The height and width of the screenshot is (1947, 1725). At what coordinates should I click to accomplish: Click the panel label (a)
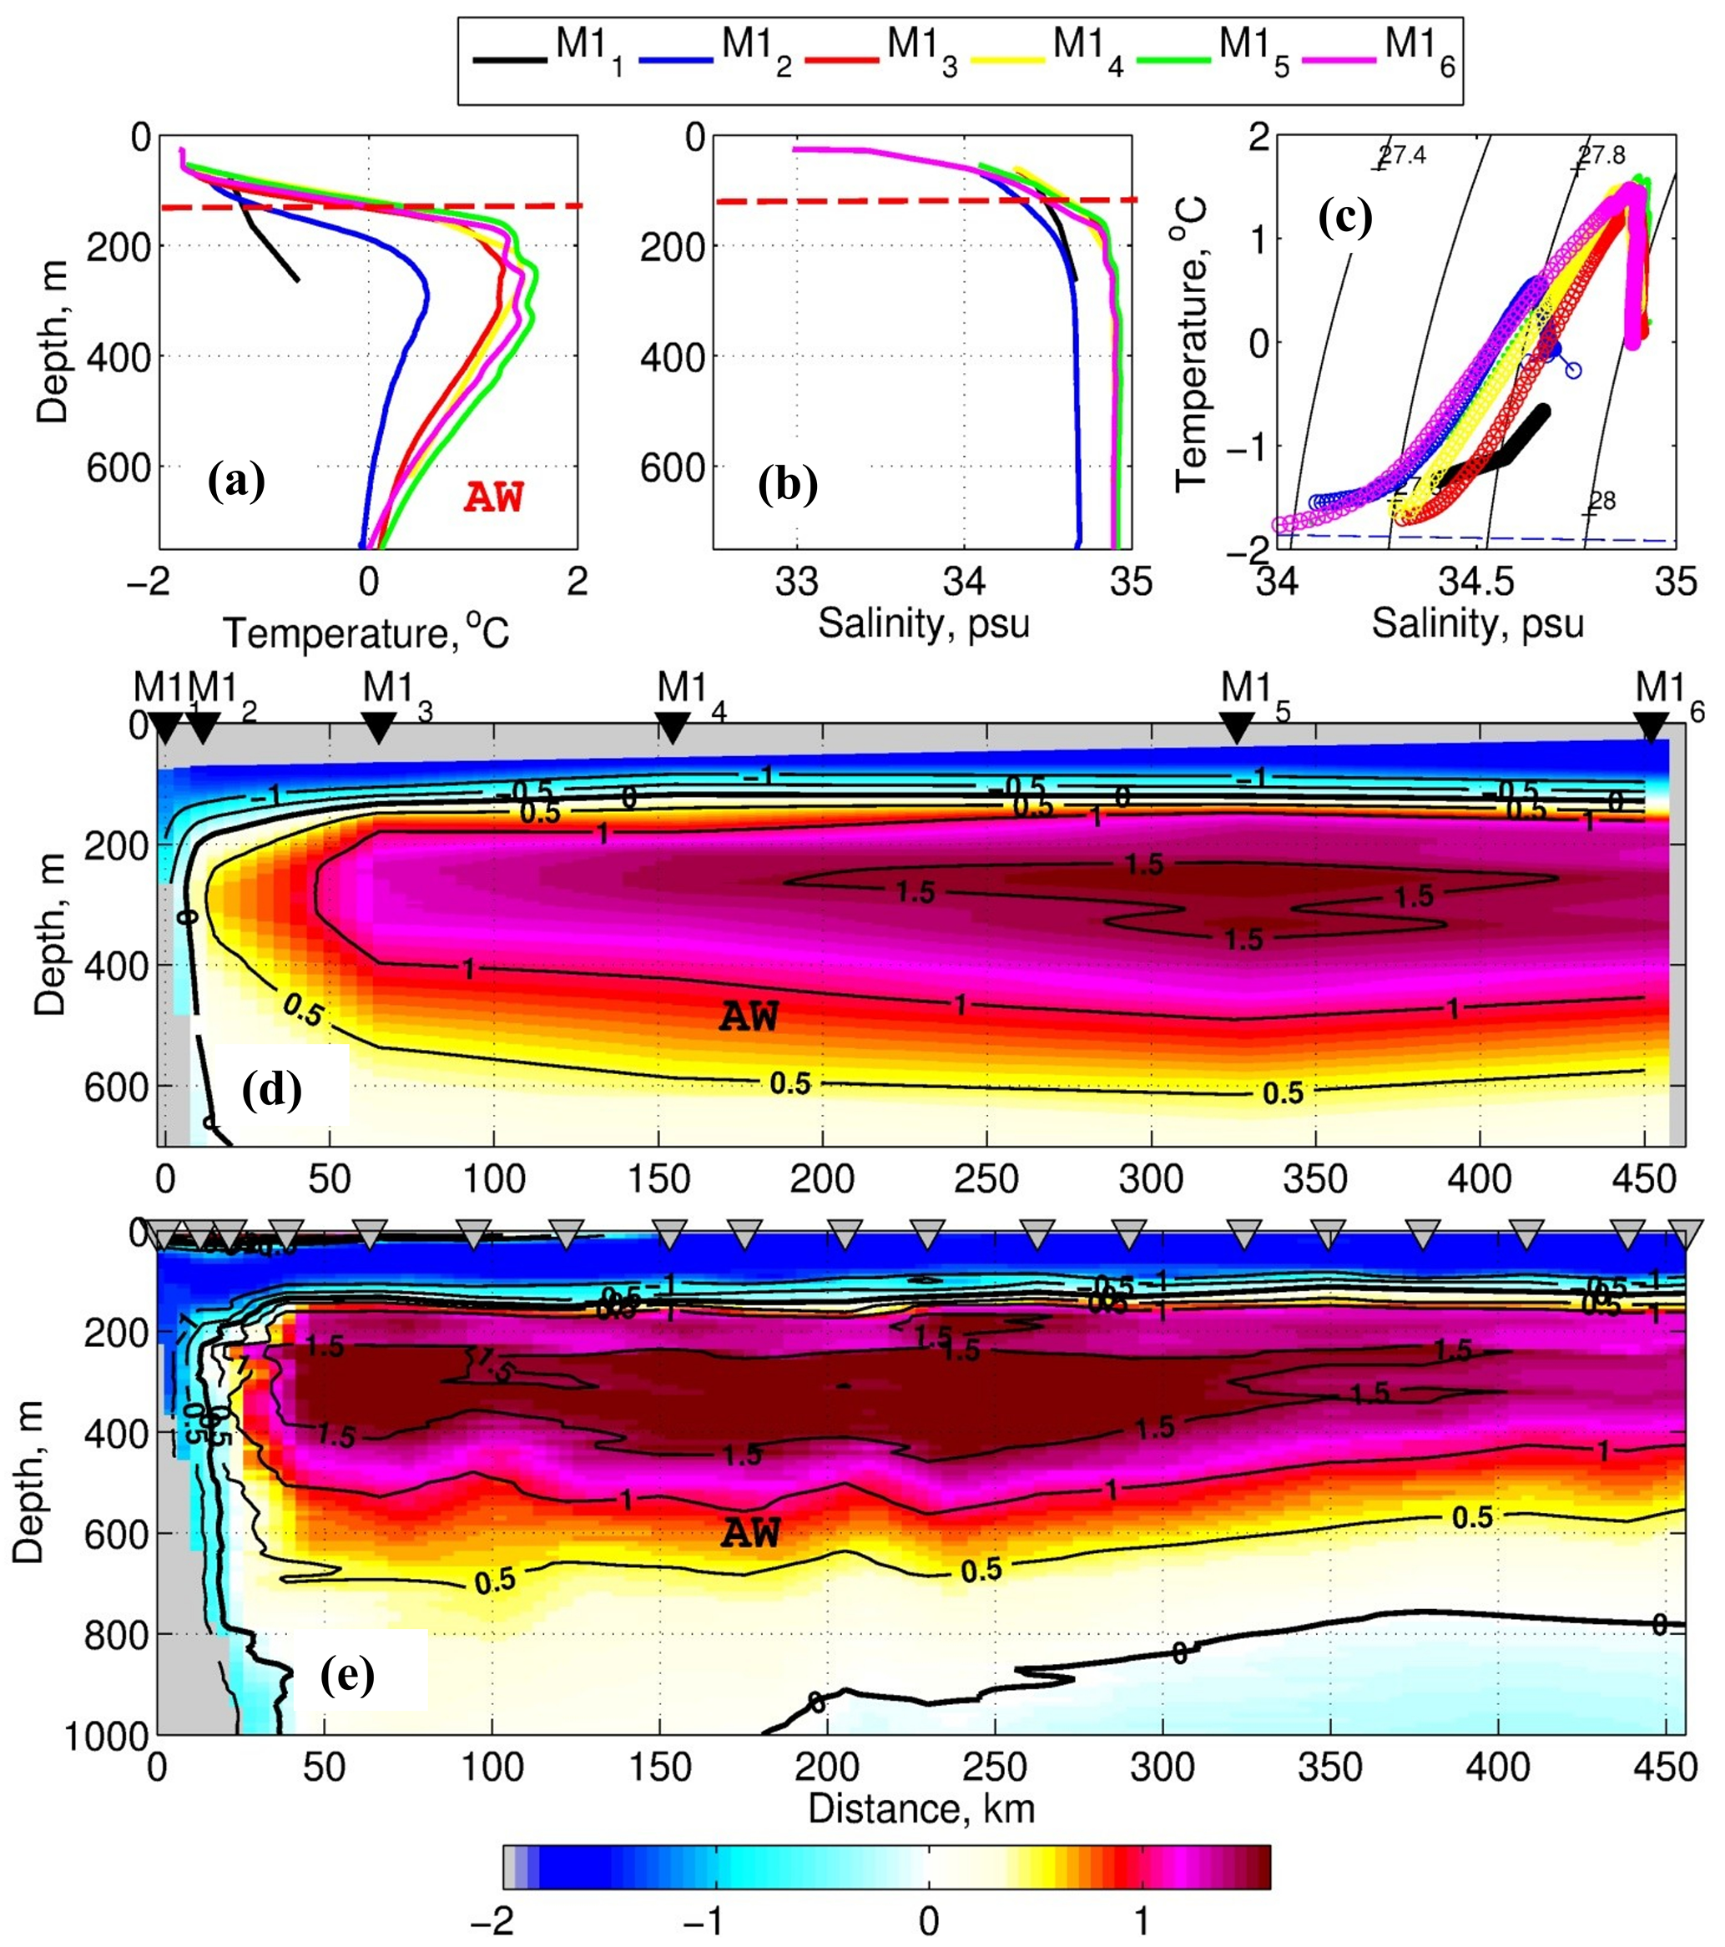point(236,482)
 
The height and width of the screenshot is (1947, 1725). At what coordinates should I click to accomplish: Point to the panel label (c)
point(1345,217)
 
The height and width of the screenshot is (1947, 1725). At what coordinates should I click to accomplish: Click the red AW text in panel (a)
point(494,497)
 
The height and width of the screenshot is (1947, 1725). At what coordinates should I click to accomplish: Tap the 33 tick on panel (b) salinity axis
point(797,581)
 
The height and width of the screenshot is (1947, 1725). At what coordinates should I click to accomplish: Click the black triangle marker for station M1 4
point(673,728)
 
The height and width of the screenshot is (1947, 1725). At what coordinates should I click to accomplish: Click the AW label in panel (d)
point(749,1017)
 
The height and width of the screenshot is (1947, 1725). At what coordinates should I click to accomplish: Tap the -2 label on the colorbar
point(492,1920)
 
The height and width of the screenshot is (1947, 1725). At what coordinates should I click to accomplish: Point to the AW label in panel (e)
point(750,1532)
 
